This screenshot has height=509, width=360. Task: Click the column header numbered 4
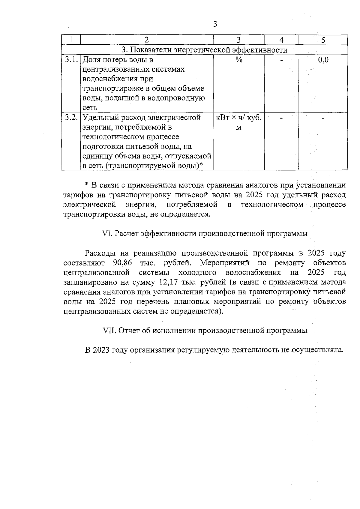click(281, 40)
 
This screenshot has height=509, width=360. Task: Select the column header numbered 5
click(323, 40)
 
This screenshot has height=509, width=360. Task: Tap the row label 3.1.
click(71, 60)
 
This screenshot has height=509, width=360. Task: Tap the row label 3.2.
click(71, 118)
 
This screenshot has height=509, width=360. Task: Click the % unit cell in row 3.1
click(238, 60)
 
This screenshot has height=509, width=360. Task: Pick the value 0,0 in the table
click(323, 60)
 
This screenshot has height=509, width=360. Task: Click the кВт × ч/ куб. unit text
click(238, 118)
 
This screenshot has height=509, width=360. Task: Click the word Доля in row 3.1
click(92, 60)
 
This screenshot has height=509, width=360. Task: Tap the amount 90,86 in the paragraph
click(122, 263)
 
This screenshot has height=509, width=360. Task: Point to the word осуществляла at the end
click(317, 350)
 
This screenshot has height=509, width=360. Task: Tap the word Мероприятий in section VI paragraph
click(225, 263)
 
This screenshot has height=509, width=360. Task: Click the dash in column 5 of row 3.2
click(323, 118)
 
